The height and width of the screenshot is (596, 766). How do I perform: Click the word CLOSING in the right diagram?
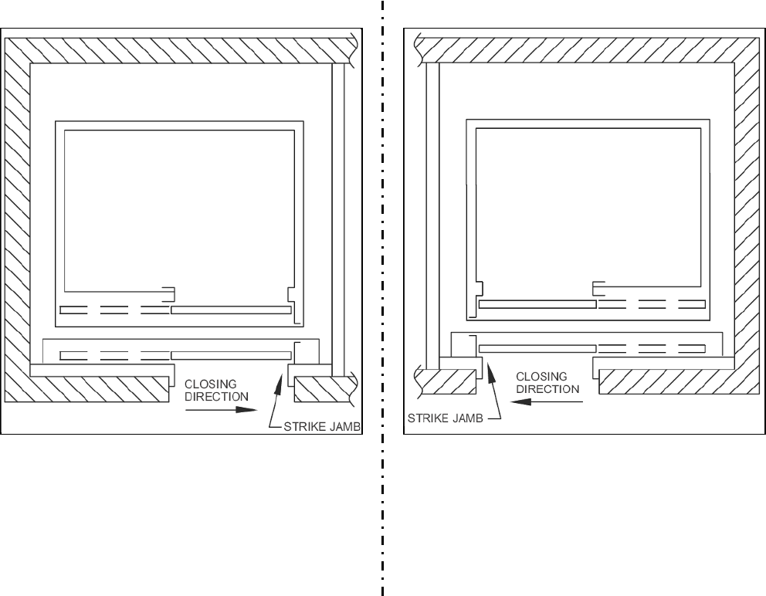tap(541, 376)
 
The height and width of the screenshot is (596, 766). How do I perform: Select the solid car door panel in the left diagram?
tap(231, 310)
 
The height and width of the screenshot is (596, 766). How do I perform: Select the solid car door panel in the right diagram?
tap(537, 304)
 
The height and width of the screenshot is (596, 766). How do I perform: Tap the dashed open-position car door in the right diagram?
tap(652, 304)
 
